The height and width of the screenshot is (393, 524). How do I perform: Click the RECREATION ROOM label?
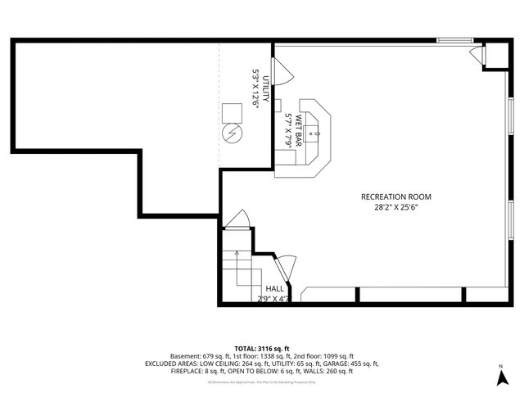pos(395,196)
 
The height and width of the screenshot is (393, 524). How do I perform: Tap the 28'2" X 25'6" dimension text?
pos(395,208)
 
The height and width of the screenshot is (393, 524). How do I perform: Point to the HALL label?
pos(274,289)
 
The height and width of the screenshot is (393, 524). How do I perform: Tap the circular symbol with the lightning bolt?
pos(231,132)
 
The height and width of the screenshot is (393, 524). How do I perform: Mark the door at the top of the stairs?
pos(237,219)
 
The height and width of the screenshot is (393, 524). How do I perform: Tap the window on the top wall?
pos(453,39)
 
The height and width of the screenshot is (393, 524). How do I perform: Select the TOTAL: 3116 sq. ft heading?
pos(261,349)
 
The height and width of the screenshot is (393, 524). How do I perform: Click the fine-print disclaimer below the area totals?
pos(261,382)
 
